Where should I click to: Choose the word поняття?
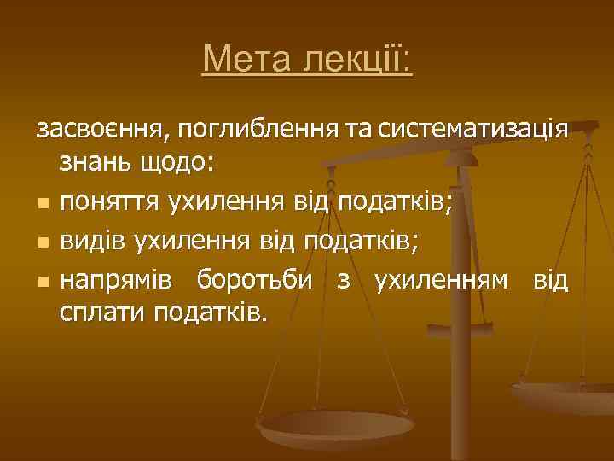pos(109,203)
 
